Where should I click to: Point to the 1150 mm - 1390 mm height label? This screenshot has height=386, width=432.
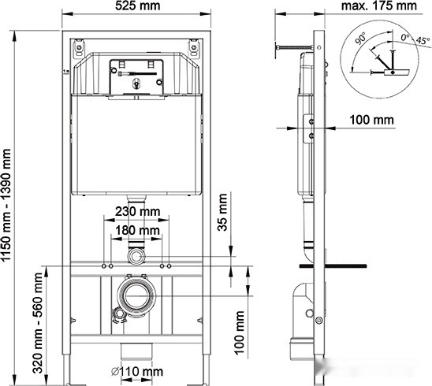(x=9, y=199)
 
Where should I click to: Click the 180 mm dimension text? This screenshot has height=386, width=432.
(x=137, y=230)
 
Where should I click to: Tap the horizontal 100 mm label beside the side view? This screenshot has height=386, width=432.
(x=371, y=120)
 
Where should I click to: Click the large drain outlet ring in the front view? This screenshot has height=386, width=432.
(x=137, y=295)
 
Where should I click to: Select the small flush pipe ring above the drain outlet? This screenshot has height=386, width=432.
(x=137, y=257)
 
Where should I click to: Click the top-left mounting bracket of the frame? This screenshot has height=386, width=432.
(x=80, y=47)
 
